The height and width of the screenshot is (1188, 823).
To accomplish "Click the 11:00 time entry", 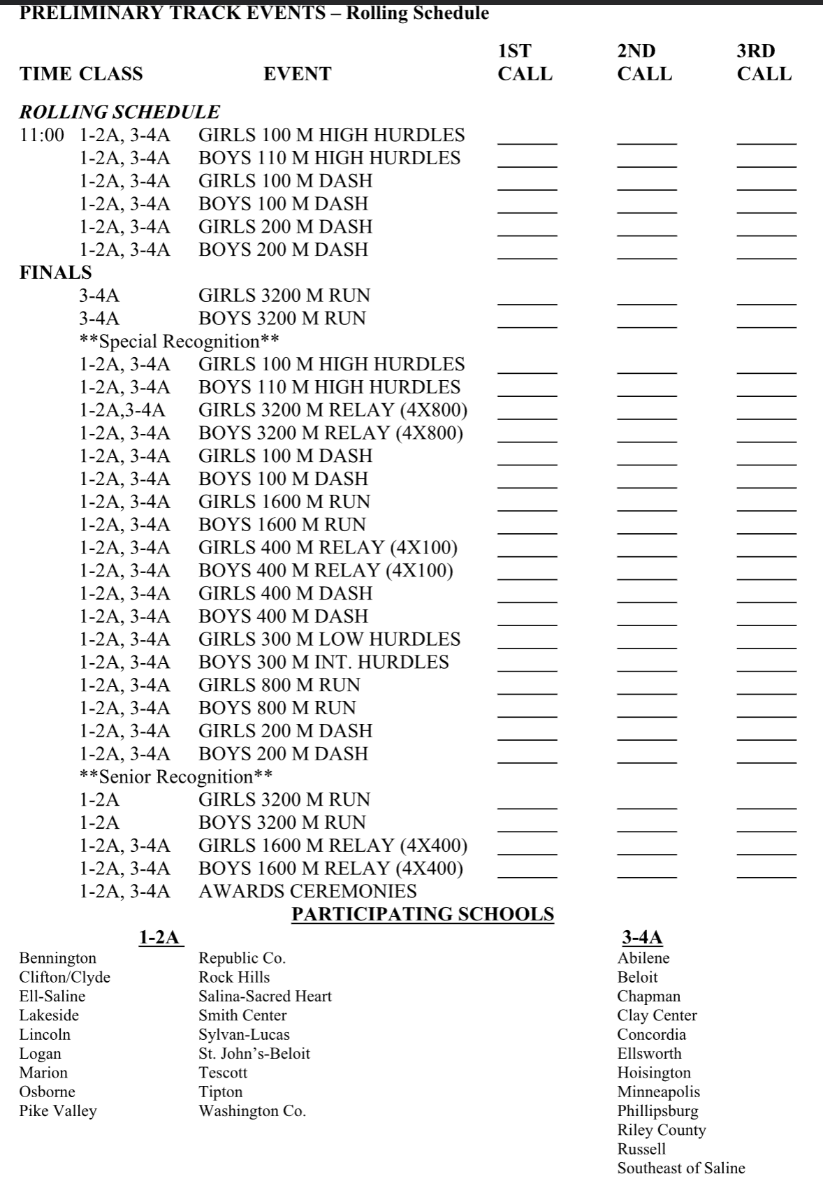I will [x=41, y=136].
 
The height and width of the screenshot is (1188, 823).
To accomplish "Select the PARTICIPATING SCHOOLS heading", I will [x=423, y=914].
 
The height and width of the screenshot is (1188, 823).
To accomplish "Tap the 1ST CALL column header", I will [x=525, y=62].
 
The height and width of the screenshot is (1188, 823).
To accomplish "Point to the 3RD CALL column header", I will [x=764, y=62].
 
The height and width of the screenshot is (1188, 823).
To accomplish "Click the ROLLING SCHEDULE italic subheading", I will [x=119, y=112].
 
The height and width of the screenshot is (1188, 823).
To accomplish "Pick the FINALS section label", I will [x=55, y=273].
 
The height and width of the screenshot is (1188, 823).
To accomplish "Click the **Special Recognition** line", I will [x=180, y=342].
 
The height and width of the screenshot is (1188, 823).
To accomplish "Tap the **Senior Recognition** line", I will [x=176, y=777].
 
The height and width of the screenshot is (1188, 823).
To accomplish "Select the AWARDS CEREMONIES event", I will [x=307, y=892].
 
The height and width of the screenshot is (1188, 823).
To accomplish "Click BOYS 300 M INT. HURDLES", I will [x=323, y=662].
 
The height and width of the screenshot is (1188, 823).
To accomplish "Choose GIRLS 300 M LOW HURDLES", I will [x=329, y=639].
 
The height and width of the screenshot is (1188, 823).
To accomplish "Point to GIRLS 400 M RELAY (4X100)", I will [x=328, y=548].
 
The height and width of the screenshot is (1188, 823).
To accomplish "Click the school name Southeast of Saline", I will [x=680, y=1168].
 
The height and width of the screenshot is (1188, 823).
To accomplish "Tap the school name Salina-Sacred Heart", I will [x=265, y=997].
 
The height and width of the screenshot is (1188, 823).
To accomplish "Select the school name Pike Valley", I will [x=58, y=1111].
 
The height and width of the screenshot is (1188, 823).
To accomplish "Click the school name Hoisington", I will [x=653, y=1073].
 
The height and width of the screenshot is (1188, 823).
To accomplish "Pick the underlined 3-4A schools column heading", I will [x=642, y=938].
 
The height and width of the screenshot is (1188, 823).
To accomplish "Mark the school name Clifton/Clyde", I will [x=64, y=978].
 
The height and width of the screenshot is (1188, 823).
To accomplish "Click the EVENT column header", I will [x=297, y=74].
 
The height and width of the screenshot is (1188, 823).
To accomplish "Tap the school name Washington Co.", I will [x=252, y=1111].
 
